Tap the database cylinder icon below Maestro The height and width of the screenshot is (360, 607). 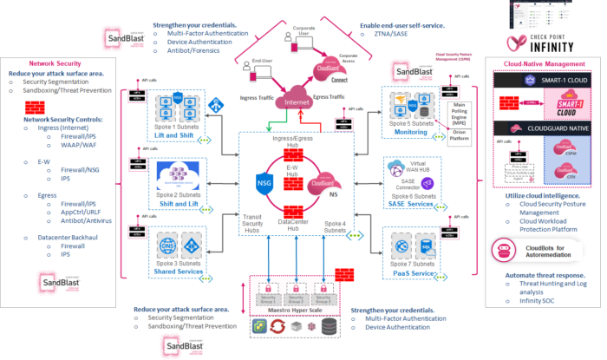click(x=330, y=329)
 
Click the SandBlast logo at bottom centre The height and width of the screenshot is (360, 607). click(x=185, y=346)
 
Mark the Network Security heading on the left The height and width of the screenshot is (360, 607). click(x=55, y=63)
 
